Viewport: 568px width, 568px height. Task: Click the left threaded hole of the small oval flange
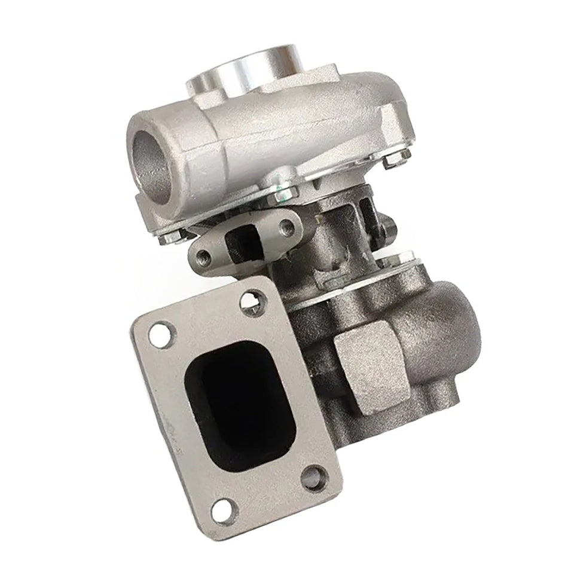tap(204, 258)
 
